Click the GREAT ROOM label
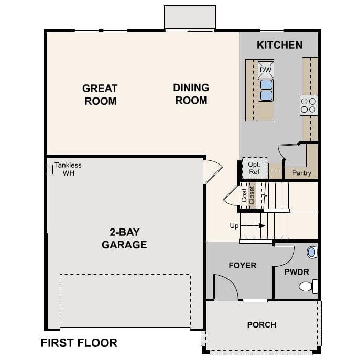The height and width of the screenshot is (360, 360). [100, 94]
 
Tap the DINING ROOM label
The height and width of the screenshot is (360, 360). [191, 94]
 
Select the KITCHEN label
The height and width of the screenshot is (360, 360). [279, 45]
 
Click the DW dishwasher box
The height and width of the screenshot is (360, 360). [266, 70]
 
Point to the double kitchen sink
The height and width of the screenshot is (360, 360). [266, 90]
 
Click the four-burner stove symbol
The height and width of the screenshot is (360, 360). [308, 105]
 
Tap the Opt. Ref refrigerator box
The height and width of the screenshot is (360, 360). [254, 168]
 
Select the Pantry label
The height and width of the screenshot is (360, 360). [301, 173]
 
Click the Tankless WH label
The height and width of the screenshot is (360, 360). [68, 169]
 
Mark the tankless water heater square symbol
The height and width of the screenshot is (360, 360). [50, 169]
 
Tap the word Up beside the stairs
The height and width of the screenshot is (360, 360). [234, 226]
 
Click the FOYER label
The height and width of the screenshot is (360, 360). [243, 265]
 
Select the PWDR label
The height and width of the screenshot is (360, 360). [297, 272]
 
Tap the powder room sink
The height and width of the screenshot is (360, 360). [312, 253]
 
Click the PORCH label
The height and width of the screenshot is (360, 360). [261, 325]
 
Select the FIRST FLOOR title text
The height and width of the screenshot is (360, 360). [79, 343]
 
